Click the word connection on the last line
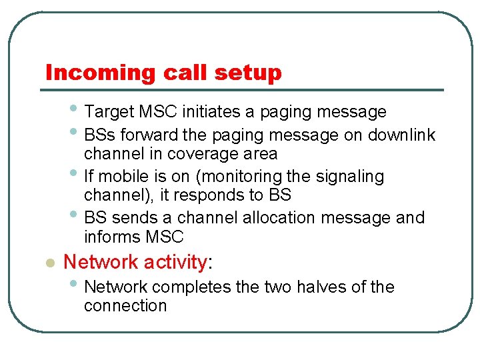(125, 306)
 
